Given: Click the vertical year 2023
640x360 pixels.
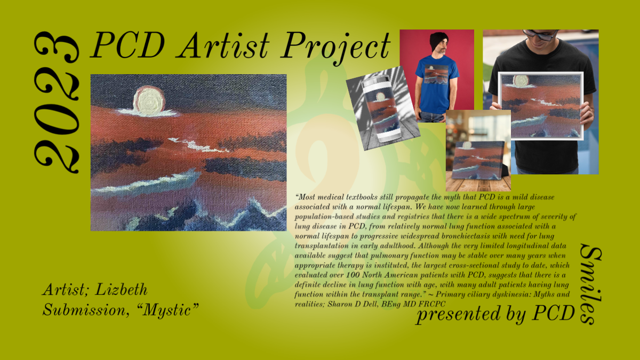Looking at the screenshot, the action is [x=57, y=102].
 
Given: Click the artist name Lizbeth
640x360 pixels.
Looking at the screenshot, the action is [x=121, y=290].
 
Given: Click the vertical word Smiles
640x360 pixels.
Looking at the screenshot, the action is [x=591, y=284].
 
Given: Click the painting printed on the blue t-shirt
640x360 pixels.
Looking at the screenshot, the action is [x=436, y=74].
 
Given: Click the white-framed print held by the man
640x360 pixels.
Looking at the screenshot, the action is [x=541, y=106].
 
